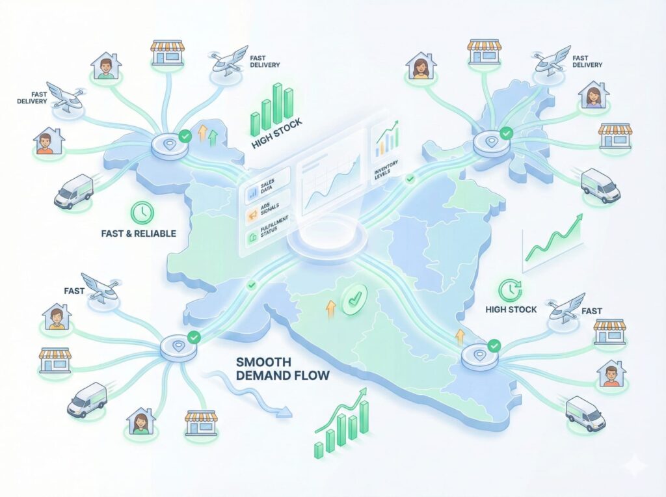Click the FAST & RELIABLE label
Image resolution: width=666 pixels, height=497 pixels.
pyautogui.click(x=138, y=233)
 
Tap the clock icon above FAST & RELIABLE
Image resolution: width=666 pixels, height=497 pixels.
pyautogui.click(x=142, y=211)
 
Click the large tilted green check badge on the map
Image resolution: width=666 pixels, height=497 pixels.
pyautogui.click(x=354, y=301)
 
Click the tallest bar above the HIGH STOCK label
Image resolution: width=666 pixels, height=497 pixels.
pyautogui.click(x=278, y=101)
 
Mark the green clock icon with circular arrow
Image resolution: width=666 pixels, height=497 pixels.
pyautogui.click(x=507, y=289)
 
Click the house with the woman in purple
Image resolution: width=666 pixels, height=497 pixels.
pyautogui.click(x=593, y=96)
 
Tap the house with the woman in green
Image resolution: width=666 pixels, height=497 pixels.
pyautogui.click(x=140, y=422)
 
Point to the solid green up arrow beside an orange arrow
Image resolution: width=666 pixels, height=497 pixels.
pyautogui.click(x=213, y=137)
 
